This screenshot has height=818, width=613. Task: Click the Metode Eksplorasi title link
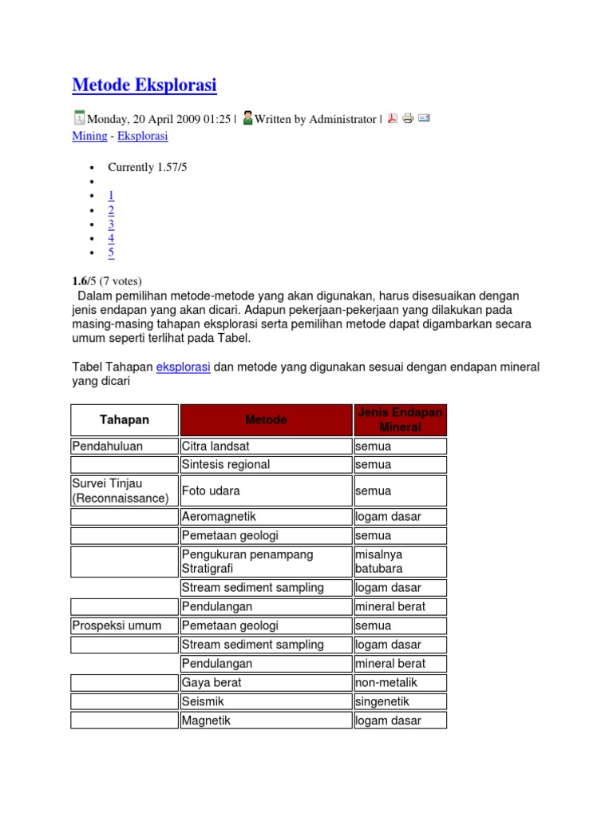(x=144, y=85)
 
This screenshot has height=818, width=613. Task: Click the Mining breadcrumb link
(x=89, y=136)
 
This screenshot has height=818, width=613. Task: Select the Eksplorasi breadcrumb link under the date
(x=143, y=136)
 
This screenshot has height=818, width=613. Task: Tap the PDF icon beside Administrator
(x=392, y=119)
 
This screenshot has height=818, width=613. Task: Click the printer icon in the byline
(x=408, y=119)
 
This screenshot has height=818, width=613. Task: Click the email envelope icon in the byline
(x=424, y=119)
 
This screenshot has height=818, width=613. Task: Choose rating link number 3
(x=112, y=224)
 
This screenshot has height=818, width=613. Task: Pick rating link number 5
(x=112, y=253)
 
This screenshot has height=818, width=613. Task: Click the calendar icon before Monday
(x=79, y=118)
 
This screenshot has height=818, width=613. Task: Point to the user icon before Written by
(x=247, y=118)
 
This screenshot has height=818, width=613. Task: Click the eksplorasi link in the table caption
(x=184, y=367)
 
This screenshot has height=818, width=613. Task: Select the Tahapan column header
(x=124, y=420)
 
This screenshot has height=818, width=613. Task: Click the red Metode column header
(x=266, y=420)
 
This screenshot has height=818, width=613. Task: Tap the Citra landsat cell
(x=266, y=446)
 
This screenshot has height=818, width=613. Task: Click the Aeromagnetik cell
(x=266, y=517)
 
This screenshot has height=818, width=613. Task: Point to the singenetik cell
(x=400, y=701)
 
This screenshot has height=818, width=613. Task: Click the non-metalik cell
(x=400, y=682)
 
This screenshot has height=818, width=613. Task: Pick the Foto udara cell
(x=266, y=490)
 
